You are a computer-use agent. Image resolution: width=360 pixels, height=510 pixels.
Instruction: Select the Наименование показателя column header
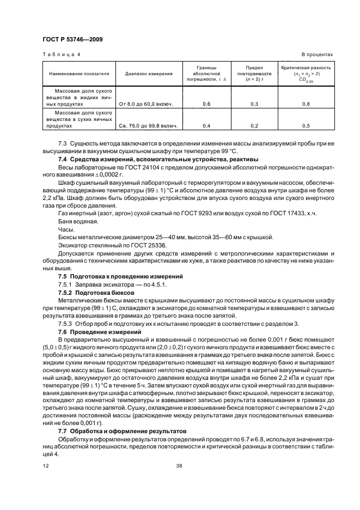[x=80, y=72]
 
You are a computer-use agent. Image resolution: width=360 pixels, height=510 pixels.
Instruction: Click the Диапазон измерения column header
[x=149, y=72]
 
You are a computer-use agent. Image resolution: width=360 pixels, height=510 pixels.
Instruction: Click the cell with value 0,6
[x=206, y=103]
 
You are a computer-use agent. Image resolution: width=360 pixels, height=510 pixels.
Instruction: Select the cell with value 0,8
[x=306, y=103]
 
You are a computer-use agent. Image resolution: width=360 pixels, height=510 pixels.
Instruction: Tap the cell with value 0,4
[x=206, y=126]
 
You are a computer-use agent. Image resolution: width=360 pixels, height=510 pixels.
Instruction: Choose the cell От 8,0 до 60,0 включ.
[x=148, y=103]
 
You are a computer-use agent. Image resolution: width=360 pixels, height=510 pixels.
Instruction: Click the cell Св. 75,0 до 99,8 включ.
[x=148, y=126]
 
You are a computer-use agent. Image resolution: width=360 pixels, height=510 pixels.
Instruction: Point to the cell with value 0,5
[x=306, y=126]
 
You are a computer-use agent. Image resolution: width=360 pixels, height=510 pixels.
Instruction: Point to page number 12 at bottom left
[x=46, y=466]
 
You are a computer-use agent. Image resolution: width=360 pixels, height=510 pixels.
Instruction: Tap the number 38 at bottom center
[x=179, y=466]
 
